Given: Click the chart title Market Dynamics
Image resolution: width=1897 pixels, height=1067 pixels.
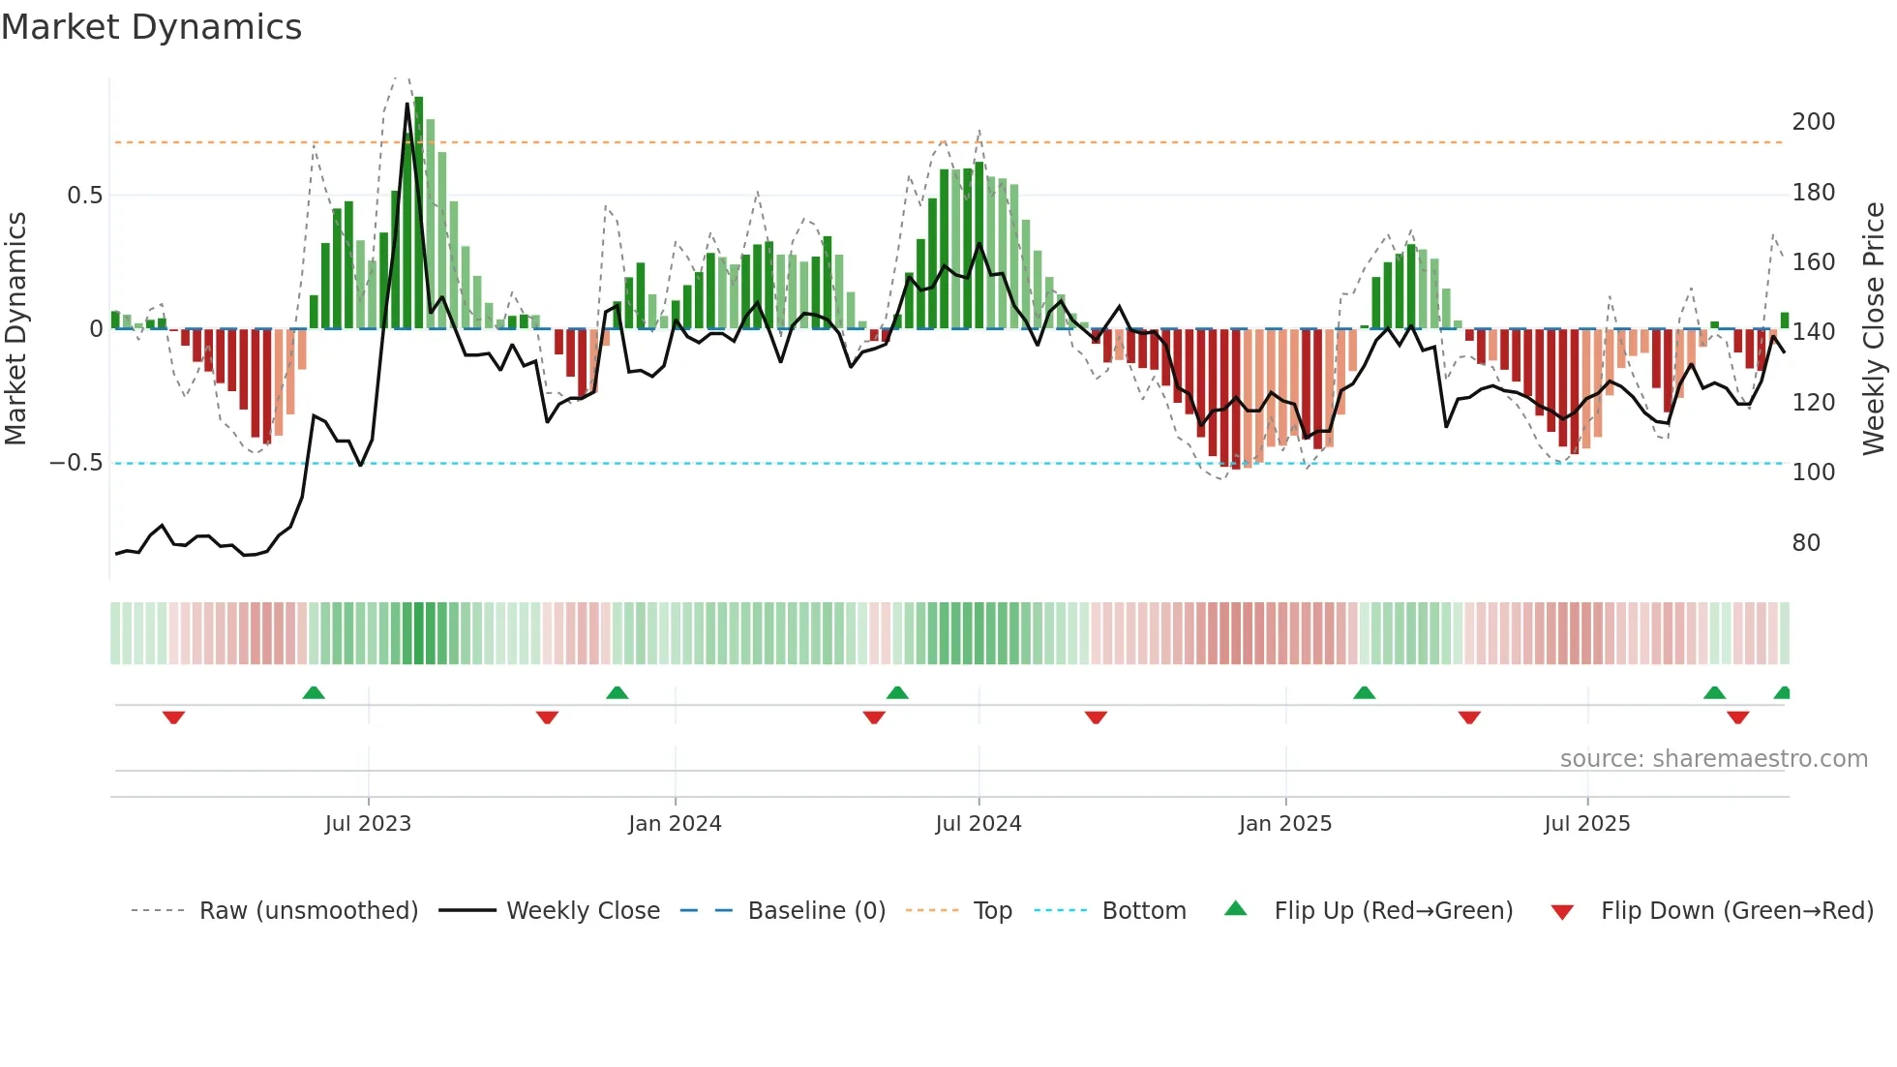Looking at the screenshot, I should point(151,27).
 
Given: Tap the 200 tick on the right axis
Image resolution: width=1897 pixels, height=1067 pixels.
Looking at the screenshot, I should point(1813,122).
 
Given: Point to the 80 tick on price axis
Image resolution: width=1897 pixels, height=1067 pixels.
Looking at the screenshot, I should point(1806,543).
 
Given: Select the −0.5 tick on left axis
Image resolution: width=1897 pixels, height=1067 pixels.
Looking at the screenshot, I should point(76,463).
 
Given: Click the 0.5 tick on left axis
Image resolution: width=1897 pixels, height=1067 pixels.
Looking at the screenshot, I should point(84,196).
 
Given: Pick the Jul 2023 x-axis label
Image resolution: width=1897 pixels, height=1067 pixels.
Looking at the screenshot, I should point(368,824).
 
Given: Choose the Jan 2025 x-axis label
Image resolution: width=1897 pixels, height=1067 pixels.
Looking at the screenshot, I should point(1284,824).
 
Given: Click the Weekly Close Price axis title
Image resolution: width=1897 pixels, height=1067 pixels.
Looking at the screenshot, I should point(1874,329).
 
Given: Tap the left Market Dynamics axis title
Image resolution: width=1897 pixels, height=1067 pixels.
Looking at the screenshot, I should point(16,329).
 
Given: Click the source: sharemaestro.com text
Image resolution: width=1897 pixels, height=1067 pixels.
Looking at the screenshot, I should point(1713,759).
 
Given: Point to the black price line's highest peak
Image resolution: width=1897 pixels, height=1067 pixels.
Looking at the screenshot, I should point(407,104).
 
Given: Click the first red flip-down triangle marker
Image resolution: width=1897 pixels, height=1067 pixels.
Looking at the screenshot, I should point(173,717).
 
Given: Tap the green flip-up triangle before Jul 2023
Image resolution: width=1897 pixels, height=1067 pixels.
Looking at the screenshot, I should point(314,692).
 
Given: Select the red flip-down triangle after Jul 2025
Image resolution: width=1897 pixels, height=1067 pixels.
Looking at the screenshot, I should point(1737,717).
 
